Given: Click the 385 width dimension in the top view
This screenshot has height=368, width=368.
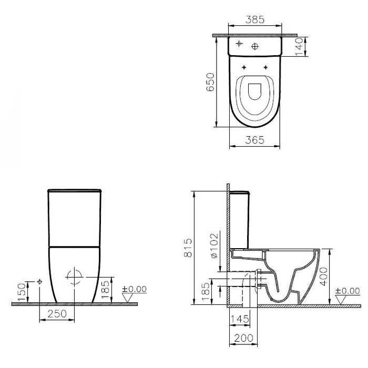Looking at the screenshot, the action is pyautogui.click(x=255, y=20).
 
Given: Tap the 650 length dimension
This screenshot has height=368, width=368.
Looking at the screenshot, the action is pyautogui.click(x=210, y=82).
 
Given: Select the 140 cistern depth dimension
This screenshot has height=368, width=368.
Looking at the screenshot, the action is pyautogui.click(x=299, y=47).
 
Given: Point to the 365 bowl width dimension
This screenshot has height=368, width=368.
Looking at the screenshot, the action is pyautogui.click(x=255, y=140).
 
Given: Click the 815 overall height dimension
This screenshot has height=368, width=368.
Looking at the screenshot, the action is pyautogui.click(x=188, y=248).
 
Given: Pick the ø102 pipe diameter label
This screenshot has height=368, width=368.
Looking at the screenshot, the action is pyautogui.click(x=214, y=246).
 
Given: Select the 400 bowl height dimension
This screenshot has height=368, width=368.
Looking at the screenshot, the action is pyautogui.click(x=324, y=277).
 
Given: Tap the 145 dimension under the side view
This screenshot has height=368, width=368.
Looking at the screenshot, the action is pyautogui.click(x=240, y=319).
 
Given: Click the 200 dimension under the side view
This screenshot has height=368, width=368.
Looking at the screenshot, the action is pyautogui.click(x=244, y=338).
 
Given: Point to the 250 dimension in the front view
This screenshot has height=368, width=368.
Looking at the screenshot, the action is pyautogui.click(x=57, y=313).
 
